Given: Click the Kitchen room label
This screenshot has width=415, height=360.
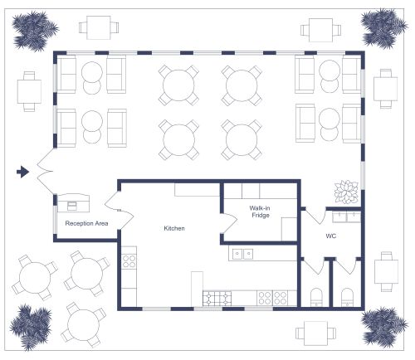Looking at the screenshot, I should [x=173, y=228].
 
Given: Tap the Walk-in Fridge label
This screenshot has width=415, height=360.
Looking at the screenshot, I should [x=261, y=212].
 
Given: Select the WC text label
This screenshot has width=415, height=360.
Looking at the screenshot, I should [x=330, y=236].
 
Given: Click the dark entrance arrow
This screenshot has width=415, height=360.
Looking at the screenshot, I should [x=23, y=172].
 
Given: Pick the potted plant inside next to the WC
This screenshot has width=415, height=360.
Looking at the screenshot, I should [x=345, y=191].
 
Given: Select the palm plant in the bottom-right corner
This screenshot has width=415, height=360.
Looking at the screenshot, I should [x=383, y=325].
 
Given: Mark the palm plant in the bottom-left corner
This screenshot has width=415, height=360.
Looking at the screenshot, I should [x=33, y=326].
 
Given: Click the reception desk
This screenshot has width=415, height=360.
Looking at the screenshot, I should [x=76, y=202].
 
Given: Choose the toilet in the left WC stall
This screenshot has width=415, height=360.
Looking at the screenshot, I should [x=315, y=296].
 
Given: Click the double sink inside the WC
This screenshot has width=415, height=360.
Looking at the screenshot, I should [x=346, y=217].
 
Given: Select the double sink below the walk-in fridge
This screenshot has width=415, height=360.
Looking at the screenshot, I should [x=243, y=254].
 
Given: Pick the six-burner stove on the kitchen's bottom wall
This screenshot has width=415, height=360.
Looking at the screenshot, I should [x=218, y=297].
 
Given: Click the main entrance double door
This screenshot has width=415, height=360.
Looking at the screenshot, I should [x=46, y=172].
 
